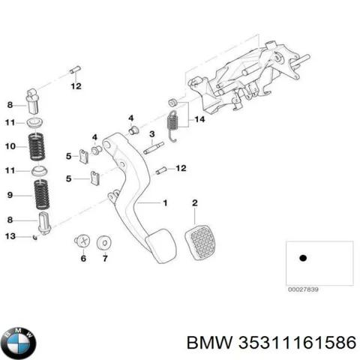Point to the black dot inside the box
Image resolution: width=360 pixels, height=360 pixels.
coord(303,258)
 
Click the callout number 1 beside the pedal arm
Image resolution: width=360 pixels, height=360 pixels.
coord(166,203)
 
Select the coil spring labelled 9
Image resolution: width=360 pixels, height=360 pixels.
coord(38,196)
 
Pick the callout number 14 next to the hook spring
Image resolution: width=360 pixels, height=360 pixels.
coord(199,119)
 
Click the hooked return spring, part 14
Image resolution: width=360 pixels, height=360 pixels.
coord(173,123)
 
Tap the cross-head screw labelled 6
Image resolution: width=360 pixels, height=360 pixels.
coord(82,241)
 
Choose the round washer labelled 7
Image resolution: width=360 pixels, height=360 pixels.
coord(103,241)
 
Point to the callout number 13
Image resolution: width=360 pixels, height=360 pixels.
coord(10,237)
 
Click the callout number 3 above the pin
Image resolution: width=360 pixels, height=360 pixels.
coord(151,134)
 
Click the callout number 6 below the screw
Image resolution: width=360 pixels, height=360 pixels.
coord(83,259)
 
